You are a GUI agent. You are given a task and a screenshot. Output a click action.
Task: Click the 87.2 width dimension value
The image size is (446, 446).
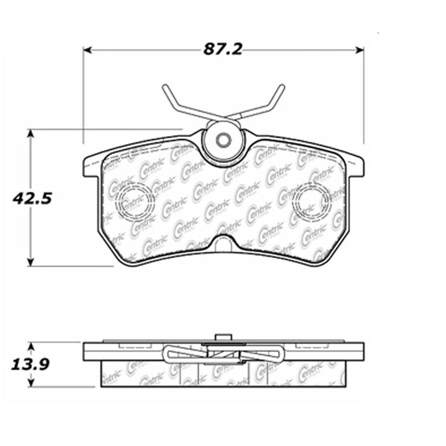(x=223, y=49)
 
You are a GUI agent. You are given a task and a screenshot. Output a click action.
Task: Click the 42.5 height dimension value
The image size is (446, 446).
(x=31, y=199)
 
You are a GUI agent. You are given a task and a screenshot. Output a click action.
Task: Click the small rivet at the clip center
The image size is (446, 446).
(x=223, y=140)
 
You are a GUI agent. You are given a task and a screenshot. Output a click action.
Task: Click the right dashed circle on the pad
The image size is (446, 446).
(x=313, y=200)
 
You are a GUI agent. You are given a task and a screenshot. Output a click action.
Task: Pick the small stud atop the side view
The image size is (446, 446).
(x=223, y=337)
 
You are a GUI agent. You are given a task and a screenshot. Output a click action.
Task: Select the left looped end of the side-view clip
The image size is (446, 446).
(x=168, y=352)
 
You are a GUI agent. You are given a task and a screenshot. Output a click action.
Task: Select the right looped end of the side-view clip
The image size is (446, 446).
(x=279, y=352)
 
